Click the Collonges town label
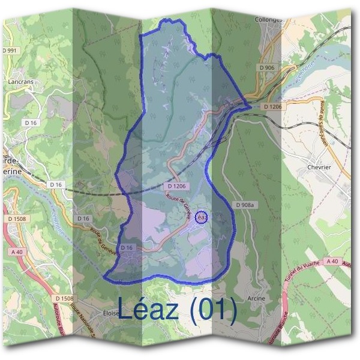(268, 19)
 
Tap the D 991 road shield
(10, 50)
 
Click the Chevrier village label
(319, 167)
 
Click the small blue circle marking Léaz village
(202, 217)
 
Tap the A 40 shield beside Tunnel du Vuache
(332, 262)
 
